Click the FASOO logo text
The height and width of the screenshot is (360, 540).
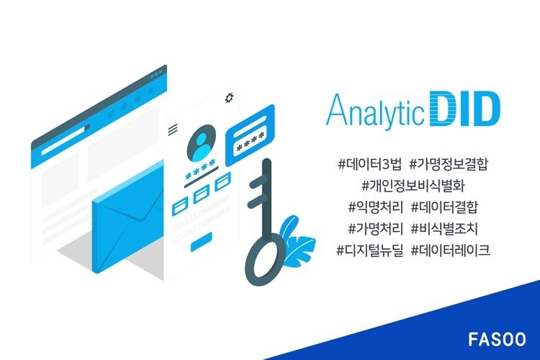(x=497, y=339)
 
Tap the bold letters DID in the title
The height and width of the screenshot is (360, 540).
(x=465, y=108)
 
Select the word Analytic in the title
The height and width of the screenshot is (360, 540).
(x=375, y=110)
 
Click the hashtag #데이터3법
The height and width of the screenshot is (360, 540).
(x=369, y=164)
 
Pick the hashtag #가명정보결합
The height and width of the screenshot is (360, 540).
(x=449, y=164)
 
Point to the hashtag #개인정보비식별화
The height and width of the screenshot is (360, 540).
(x=413, y=186)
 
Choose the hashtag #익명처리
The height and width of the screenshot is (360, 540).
(x=375, y=207)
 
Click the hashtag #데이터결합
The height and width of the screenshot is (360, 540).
(x=445, y=207)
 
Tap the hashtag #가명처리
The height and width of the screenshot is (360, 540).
(x=375, y=228)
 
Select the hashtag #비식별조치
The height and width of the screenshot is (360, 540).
(x=445, y=228)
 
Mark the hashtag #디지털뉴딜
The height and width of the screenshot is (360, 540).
(x=369, y=250)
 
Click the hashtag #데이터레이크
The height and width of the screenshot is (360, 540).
(x=451, y=250)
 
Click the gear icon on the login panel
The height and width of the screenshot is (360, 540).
(x=229, y=97)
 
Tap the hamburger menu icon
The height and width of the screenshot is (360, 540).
(x=173, y=130)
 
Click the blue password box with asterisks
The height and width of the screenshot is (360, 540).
(x=250, y=135)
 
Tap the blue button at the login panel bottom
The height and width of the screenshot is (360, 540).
(x=202, y=241)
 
